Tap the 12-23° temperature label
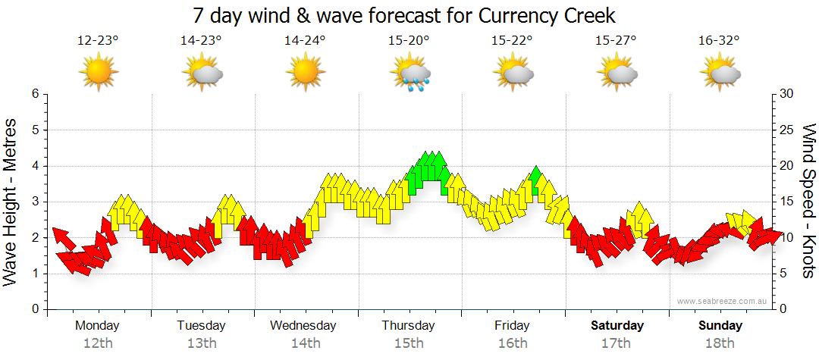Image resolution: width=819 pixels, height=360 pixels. (x=98, y=41)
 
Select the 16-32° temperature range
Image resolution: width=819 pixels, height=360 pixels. (x=719, y=41)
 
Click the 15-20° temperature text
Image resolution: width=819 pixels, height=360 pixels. (x=409, y=41)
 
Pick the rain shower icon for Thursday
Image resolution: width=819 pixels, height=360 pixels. (x=409, y=74)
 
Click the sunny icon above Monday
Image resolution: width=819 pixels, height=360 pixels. (x=99, y=72)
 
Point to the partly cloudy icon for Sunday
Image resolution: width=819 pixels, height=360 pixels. (x=720, y=73)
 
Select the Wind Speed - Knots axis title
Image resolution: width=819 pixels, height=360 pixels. (x=808, y=201)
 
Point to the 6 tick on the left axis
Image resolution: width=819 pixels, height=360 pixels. (x=34, y=94)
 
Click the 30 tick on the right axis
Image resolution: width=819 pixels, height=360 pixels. (x=787, y=94)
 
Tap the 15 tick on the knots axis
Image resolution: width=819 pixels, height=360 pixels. (x=787, y=202)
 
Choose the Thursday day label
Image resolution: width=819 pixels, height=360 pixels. (x=408, y=326)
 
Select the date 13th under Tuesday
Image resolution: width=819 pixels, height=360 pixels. (x=202, y=343)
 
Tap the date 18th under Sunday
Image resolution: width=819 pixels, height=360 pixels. (x=720, y=343)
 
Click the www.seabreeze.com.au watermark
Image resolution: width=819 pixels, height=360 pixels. (x=723, y=301)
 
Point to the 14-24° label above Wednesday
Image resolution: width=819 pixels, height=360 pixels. (x=305, y=41)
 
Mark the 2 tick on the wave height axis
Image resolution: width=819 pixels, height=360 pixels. (x=34, y=238)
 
